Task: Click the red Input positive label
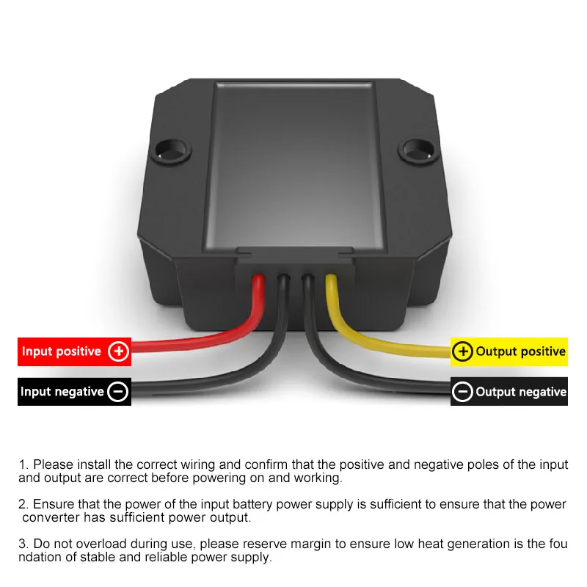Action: [74, 351]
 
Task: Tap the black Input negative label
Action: [74, 392]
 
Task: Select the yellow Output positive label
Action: [508, 351]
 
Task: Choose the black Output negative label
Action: [508, 392]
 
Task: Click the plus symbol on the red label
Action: [118, 351]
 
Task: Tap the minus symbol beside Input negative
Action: [118, 392]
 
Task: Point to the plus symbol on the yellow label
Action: [463, 351]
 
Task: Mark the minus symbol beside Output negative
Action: [462, 392]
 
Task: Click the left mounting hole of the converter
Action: [171, 150]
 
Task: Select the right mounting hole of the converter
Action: [418, 150]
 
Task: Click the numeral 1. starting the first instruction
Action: [23, 464]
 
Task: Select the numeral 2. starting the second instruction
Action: [23, 504]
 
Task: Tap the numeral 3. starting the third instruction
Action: [23, 544]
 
